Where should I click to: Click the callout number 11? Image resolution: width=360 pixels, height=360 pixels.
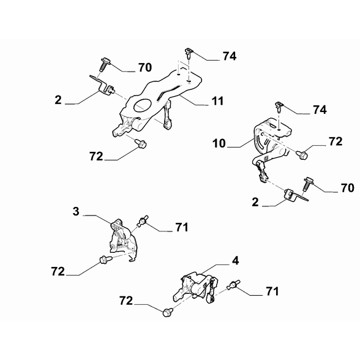coord(217,101)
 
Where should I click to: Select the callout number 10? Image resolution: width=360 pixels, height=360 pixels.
coord(219,143)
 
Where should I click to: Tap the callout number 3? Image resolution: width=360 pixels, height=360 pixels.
coord(76,211)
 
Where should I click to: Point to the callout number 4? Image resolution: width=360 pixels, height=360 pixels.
coord(235,261)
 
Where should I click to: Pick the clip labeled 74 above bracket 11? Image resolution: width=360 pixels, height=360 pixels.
coord(189,53)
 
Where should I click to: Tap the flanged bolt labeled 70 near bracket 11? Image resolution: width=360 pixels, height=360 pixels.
coord(105,64)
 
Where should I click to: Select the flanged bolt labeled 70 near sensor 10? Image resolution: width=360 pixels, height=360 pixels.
coord(307,184)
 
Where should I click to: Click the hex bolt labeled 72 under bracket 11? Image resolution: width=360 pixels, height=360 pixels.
coord(141,143)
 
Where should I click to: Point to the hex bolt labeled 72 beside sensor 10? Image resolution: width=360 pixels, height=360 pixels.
coord(302,154)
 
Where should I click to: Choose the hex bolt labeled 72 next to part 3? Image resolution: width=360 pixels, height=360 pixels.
coord(105,260)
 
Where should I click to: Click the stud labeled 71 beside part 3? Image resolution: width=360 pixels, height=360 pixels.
coord(143,221)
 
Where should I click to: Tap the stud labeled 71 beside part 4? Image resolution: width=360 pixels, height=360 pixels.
coord(233,285)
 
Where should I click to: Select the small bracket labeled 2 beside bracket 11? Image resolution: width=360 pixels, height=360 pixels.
coord(102,86)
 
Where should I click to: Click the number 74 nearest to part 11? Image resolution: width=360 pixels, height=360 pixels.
coord(230,56)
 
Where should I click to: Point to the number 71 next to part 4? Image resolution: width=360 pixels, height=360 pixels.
coord(272,291)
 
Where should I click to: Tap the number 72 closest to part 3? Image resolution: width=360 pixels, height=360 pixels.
coord(58,271)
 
